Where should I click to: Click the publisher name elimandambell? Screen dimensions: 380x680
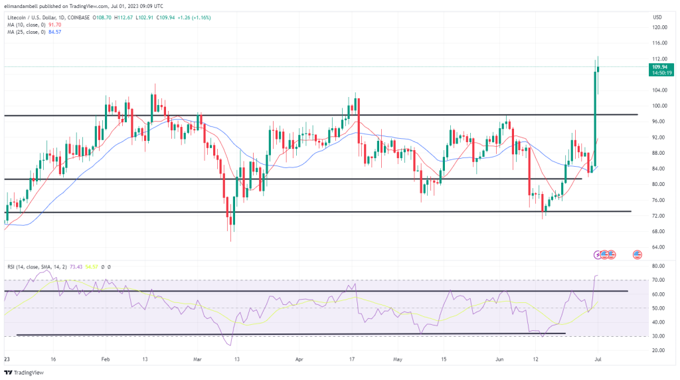23,5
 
